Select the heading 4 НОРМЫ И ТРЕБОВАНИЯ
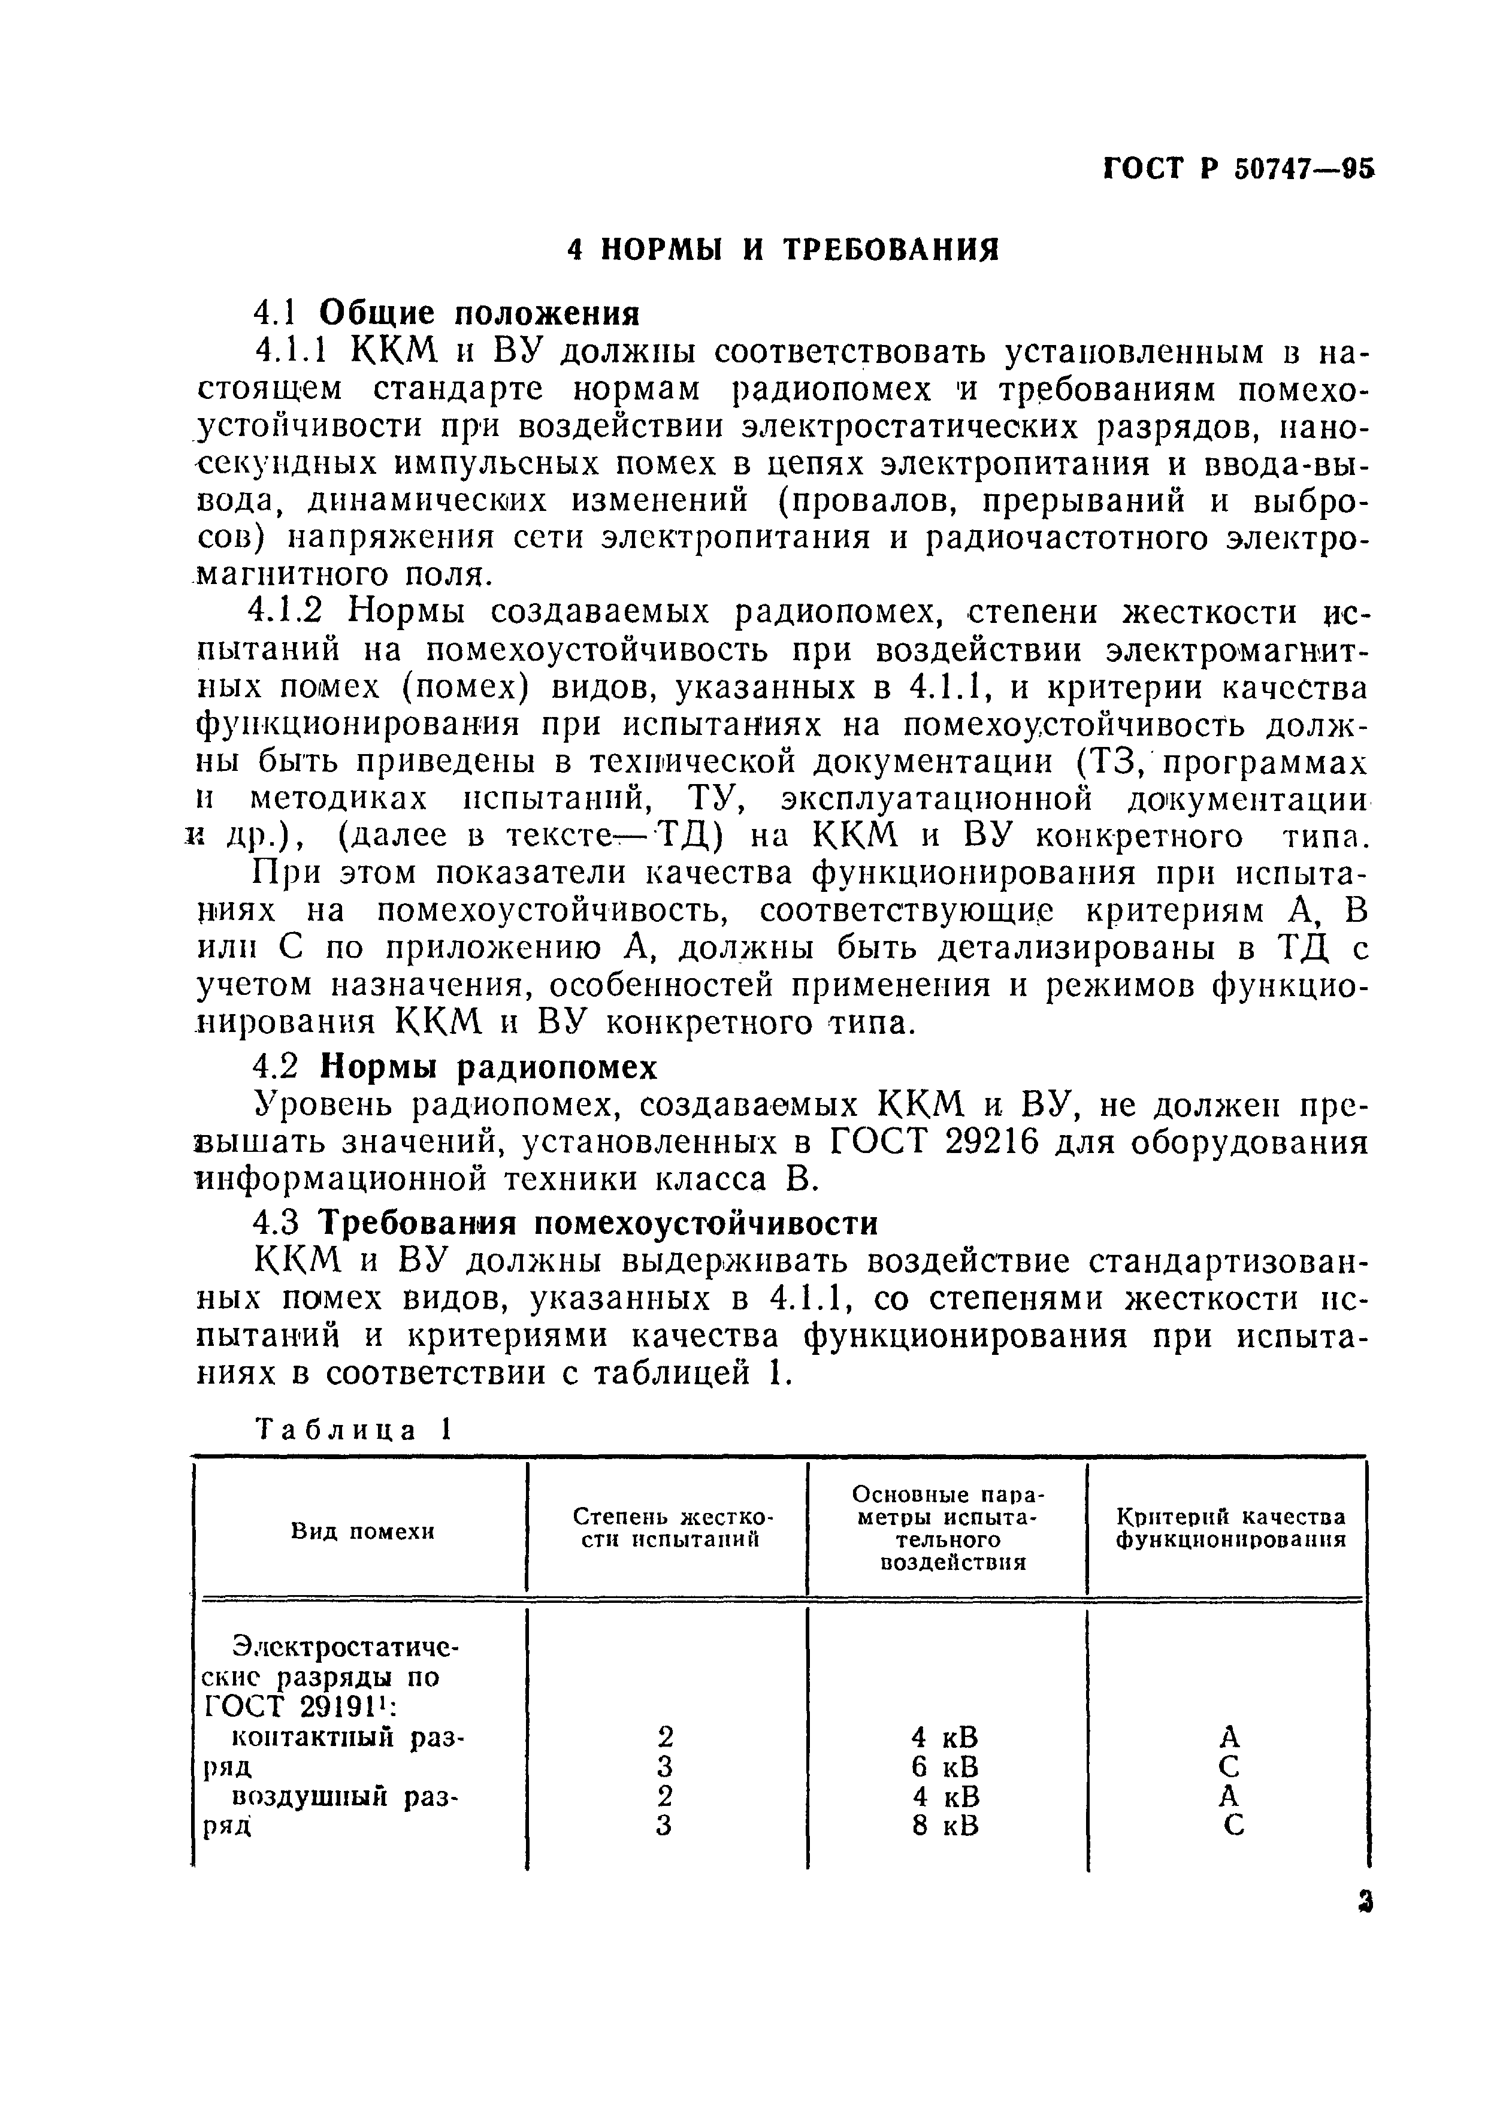784,249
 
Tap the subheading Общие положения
479,313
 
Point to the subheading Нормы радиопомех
488,1067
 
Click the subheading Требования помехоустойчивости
598,1224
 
